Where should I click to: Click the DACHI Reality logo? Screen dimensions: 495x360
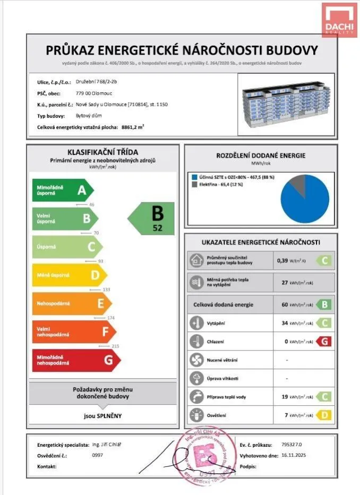tap(339, 20)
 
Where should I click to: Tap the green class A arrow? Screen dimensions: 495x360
tap(62, 190)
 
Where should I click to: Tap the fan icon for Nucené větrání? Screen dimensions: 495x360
tap(196, 360)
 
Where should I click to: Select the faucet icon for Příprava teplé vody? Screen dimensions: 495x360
tap(196, 397)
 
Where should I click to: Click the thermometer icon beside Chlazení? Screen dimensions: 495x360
tap(196, 340)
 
